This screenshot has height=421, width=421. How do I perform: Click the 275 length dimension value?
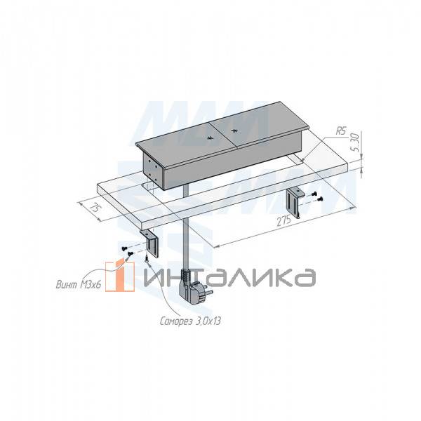click(x=284, y=221)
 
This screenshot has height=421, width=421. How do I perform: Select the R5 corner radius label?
click(x=341, y=131)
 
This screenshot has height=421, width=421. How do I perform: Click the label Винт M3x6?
click(x=79, y=284)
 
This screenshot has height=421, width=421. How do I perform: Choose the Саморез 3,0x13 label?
click(x=190, y=321)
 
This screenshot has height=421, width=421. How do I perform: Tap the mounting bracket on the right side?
click(x=295, y=202)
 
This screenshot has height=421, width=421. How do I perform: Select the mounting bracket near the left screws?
click(x=150, y=243)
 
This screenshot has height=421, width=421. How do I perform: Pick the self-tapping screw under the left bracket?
click(x=147, y=258)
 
